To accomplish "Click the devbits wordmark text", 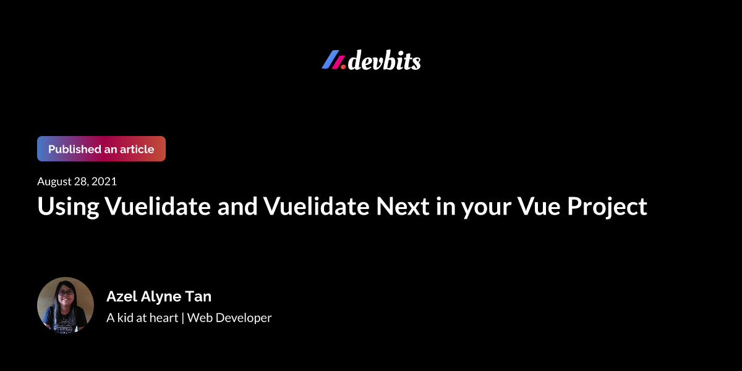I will pos(384,61).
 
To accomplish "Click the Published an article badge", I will pos(101,149).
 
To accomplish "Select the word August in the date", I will pos(55,182).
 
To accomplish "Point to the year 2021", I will pos(105,182).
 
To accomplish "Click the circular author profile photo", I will pos(66,305).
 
